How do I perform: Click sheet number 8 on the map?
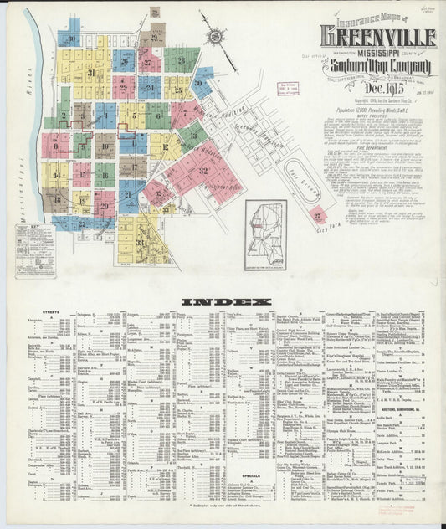[x=55, y=146]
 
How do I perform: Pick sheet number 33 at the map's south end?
[x=140, y=243]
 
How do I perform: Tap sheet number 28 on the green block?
[x=181, y=59]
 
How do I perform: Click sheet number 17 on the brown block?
[x=132, y=167]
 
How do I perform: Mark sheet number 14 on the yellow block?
[x=57, y=176]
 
